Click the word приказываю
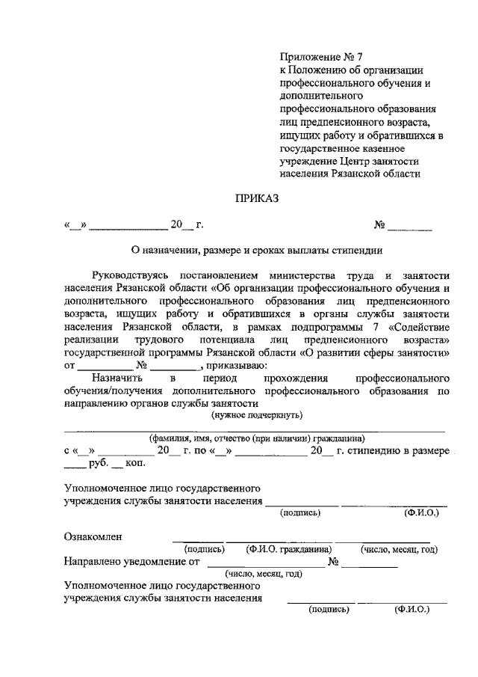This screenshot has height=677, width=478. [x=233, y=366]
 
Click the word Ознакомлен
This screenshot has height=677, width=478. [x=93, y=536]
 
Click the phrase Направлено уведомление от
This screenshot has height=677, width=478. [x=134, y=562]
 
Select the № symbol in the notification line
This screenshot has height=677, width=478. [x=334, y=562]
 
